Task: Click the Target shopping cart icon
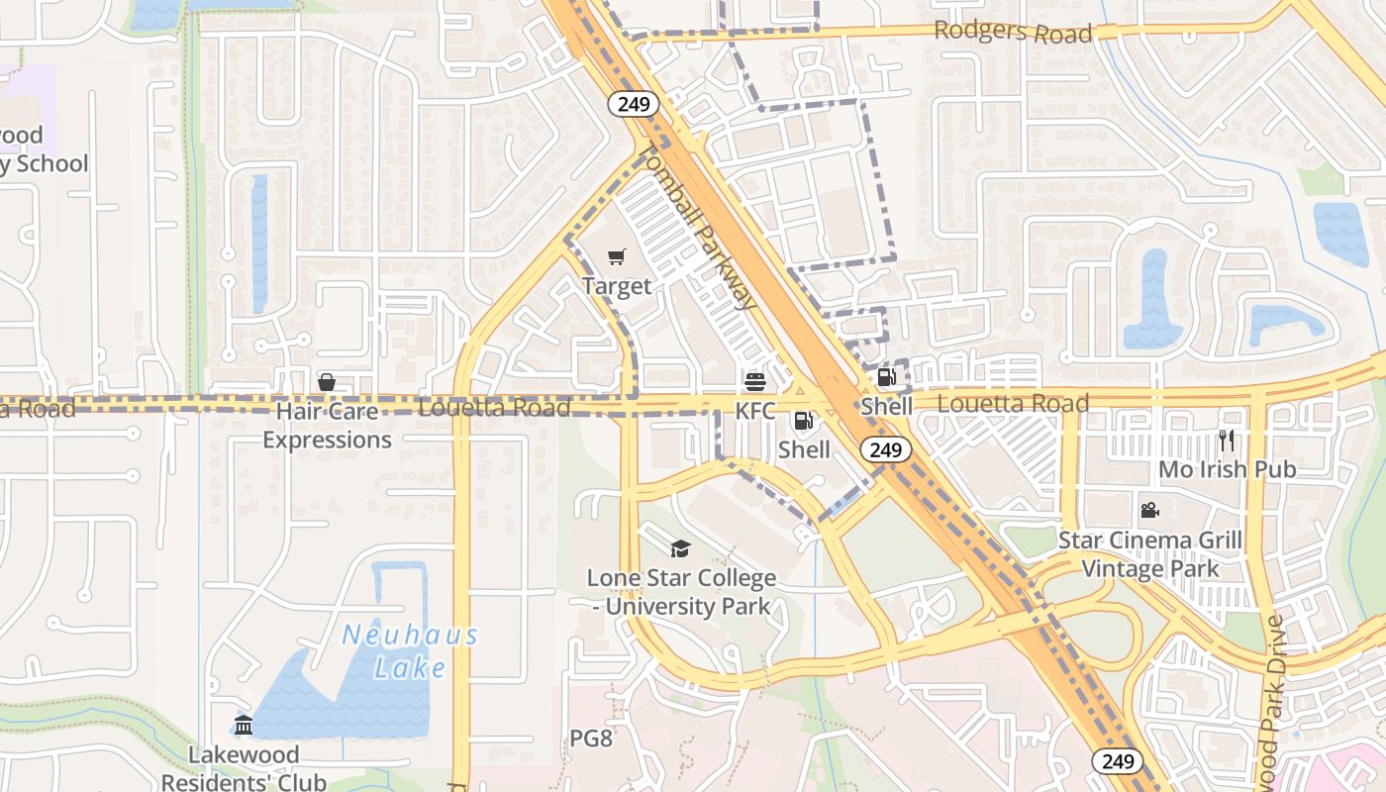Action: pyautogui.click(x=616, y=257)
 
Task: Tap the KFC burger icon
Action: pyautogui.click(x=754, y=382)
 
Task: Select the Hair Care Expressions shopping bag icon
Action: pyautogui.click(x=327, y=382)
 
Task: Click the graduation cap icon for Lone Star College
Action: pyautogui.click(x=680, y=548)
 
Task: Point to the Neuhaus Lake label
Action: pyautogui.click(x=410, y=650)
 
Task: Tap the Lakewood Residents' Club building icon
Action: pyautogui.click(x=244, y=726)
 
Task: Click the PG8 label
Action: pyautogui.click(x=591, y=739)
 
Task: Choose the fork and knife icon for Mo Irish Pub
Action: pyautogui.click(x=1228, y=441)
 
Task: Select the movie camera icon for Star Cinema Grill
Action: pyautogui.click(x=1149, y=511)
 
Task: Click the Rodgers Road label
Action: pyautogui.click(x=1013, y=32)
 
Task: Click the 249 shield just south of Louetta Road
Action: pyautogui.click(x=885, y=449)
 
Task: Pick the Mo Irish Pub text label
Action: pyautogui.click(x=1228, y=469)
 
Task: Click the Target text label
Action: pyautogui.click(x=616, y=286)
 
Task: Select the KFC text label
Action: pyautogui.click(x=754, y=410)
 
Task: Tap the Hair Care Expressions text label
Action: pyautogui.click(x=327, y=425)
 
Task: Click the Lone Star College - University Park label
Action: pyautogui.click(x=681, y=591)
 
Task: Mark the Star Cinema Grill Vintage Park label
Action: pyautogui.click(x=1149, y=554)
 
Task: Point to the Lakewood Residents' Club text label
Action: pyautogui.click(x=244, y=768)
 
